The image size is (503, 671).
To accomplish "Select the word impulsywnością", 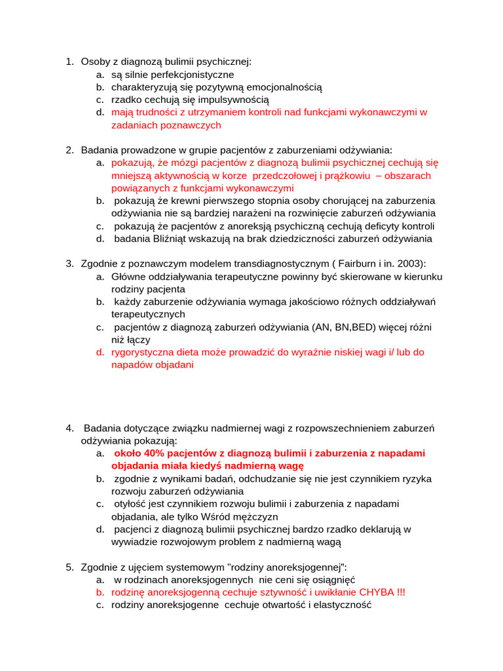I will pos(236,100).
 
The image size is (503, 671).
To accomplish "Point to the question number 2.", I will pos(69,150).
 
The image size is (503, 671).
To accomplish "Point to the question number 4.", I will pos(69,428).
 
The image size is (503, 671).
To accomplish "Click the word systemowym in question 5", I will pos(177,567).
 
